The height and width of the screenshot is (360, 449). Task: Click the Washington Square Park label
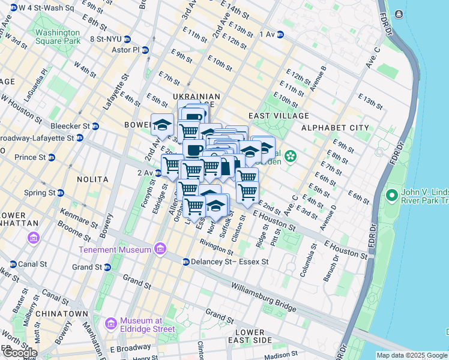(58, 37)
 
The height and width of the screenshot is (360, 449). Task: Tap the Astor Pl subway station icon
(146, 50)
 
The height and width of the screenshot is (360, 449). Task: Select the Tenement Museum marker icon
(160, 248)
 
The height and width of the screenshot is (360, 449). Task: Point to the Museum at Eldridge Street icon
(110, 325)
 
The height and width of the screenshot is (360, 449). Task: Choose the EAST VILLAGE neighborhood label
(279, 115)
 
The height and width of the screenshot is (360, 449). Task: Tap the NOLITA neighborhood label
(92, 179)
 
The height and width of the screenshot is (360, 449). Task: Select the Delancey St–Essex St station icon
(186, 262)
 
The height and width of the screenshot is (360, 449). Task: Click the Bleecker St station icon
(95, 126)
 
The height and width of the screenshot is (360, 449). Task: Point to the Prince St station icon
(52, 158)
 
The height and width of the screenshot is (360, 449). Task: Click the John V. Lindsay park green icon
(391, 195)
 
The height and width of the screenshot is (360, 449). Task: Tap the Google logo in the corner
(19, 353)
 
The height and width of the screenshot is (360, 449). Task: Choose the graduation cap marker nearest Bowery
(161, 125)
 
